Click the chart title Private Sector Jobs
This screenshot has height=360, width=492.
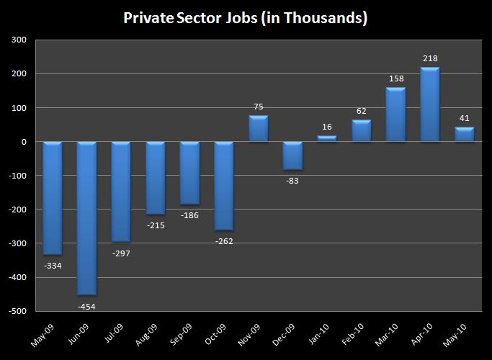[x=245, y=18]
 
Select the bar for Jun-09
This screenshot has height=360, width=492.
[x=86, y=218]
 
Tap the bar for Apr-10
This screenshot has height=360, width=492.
[x=430, y=104]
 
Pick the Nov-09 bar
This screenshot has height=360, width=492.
[x=259, y=128]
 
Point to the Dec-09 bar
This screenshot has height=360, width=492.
[x=292, y=156]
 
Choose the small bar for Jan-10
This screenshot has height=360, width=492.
[x=327, y=138]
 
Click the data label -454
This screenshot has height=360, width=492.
[x=86, y=307]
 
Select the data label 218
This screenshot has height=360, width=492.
[x=430, y=58]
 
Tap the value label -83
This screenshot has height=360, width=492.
[x=292, y=181]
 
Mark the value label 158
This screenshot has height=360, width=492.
[x=395, y=78]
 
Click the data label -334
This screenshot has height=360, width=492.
[x=52, y=266]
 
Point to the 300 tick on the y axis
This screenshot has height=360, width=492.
[x=20, y=40]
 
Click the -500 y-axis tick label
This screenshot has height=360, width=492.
[x=19, y=311]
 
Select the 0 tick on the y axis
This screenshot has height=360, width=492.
[x=24, y=142]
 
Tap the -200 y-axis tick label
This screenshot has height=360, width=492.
[x=19, y=210]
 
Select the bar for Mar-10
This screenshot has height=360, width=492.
[x=395, y=114]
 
